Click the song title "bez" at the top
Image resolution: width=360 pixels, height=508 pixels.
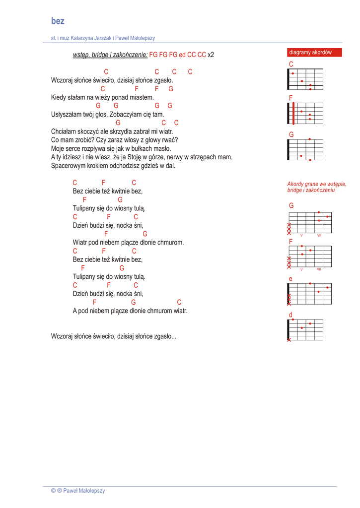tap(58, 21)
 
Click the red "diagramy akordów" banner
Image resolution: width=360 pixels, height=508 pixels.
tap(310, 52)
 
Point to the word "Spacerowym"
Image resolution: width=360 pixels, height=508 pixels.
tap(67, 166)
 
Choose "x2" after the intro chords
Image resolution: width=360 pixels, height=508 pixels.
tap(211, 55)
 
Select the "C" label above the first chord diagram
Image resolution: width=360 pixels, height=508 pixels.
tap(291, 64)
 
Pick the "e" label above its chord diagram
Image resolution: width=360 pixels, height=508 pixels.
tap(290, 279)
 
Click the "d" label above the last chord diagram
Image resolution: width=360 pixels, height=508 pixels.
tap(290, 315)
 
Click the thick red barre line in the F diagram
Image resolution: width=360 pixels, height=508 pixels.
tap(293, 113)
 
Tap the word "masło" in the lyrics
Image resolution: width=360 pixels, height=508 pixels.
tap(162, 148)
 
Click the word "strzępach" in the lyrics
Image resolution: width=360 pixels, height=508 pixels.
tap(204, 157)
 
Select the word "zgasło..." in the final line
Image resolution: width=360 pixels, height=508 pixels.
tap(164, 336)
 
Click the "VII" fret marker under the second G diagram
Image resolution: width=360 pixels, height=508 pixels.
tap(319, 235)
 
